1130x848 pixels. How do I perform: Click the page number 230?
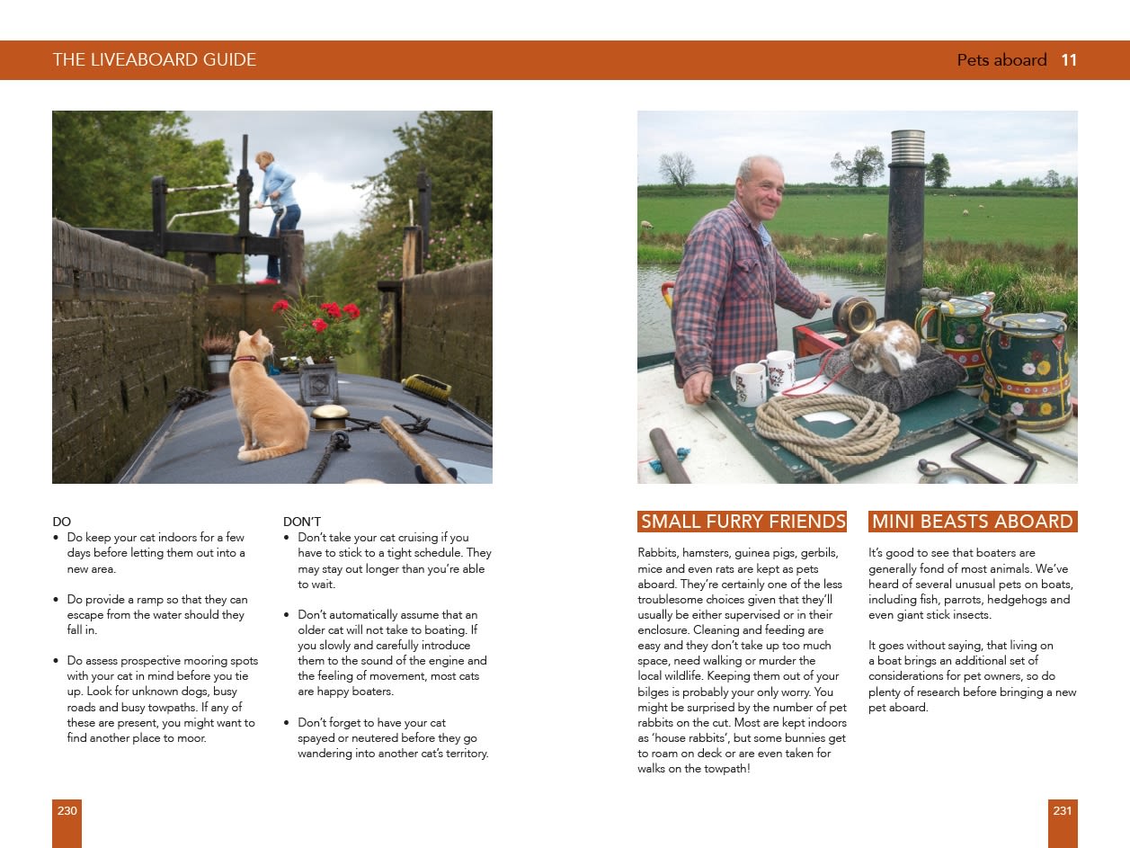[67, 811]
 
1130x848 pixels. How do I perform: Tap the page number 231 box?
[1062, 811]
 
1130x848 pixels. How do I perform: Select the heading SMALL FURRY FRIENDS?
[743, 522]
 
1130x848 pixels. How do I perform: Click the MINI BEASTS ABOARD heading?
[973, 522]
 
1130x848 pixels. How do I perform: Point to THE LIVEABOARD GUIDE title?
[155, 60]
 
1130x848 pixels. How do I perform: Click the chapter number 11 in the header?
[1069, 60]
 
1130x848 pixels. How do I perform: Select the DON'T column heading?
[302, 522]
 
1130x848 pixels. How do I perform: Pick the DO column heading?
[61, 522]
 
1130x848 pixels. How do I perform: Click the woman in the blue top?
[276, 207]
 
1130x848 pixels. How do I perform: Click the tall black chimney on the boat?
[905, 225]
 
